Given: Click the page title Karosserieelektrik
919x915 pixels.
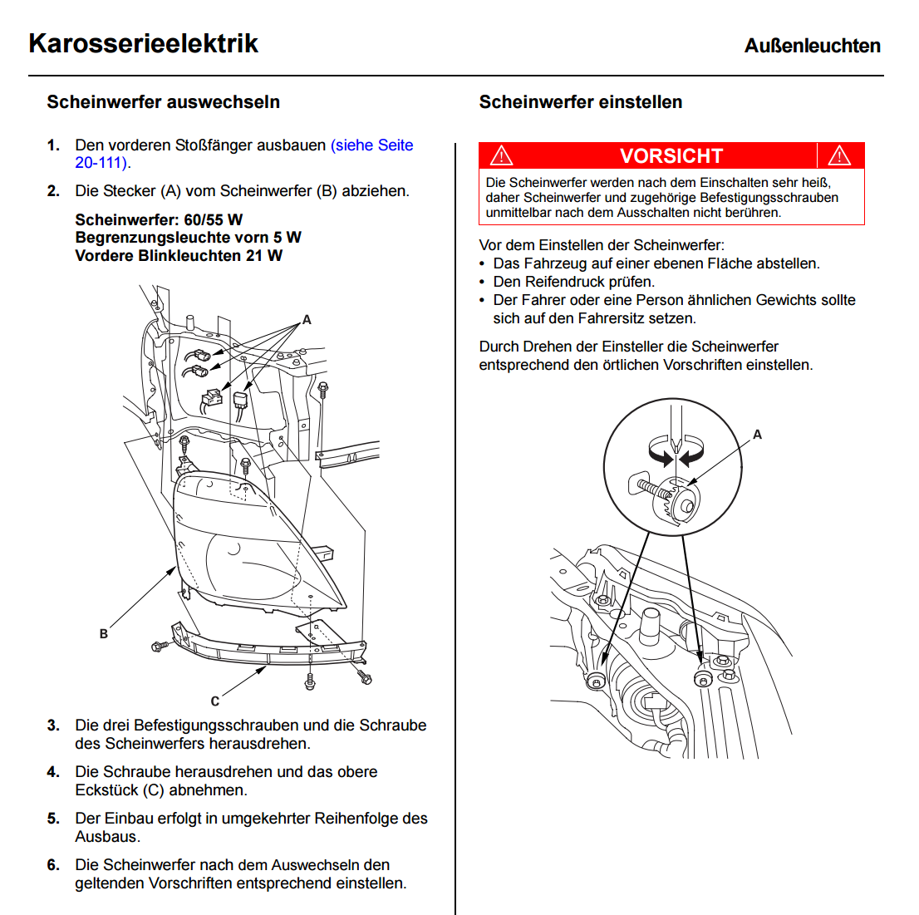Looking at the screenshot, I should click(x=143, y=43).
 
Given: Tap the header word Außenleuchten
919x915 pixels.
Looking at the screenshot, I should click(x=812, y=46).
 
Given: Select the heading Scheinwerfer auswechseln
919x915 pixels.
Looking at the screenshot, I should click(x=163, y=102).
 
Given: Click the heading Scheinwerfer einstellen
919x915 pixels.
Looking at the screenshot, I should click(x=580, y=102).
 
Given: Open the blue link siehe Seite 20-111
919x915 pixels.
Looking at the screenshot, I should click(x=371, y=145).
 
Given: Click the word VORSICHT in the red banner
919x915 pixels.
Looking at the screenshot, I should click(x=671, y=156).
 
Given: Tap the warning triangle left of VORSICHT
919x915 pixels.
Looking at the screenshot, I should click(x=501, y=155).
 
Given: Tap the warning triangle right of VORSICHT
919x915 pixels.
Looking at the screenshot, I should click(x=839, y=155).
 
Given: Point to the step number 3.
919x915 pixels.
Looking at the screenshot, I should click(x=53, y=726).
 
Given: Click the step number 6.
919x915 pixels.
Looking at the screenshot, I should click(x=53, y=865).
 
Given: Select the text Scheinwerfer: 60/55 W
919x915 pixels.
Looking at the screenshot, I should click(x=159, y=219).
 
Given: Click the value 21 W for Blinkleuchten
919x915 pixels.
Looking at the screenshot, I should click(x=263, y=256).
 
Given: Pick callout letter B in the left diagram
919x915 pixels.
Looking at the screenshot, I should click(x=104, y=634).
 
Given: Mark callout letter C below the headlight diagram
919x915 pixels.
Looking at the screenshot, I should click(x=215, y=701).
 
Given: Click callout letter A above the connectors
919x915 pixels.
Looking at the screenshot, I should click(x=307, y=320).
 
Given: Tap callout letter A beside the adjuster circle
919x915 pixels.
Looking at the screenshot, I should click(x=757, y=435).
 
